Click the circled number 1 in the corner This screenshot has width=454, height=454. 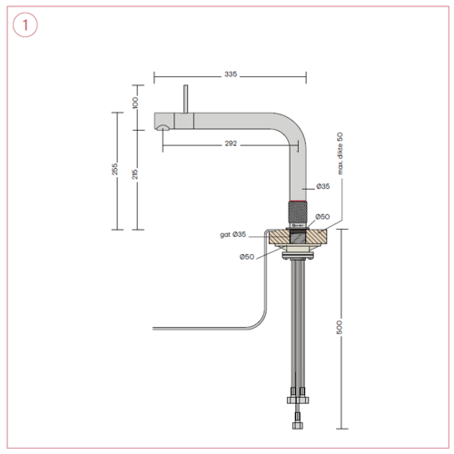[25, 27]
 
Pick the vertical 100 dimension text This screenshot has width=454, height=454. [135, 104]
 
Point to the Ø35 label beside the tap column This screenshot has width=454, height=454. [322, 186]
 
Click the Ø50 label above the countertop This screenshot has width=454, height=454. [322, 217]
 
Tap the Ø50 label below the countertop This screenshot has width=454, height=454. [246, 257]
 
